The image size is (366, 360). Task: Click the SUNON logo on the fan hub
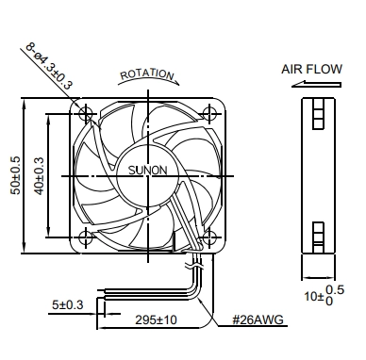pos(148,170)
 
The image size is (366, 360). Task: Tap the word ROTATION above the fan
pos(147,74)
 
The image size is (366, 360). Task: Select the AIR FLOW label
pos(311,69)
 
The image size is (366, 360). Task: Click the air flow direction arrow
pos(316,84)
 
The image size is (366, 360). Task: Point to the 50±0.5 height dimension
pos(16,175)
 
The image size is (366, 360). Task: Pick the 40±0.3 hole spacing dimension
pos(39,175)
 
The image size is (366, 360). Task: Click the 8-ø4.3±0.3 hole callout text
pos(49,66)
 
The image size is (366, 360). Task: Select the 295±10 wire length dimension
pos(156,319)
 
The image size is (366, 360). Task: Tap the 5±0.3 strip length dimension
pos(67,304)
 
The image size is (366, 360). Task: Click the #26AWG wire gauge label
pos(258,319)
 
